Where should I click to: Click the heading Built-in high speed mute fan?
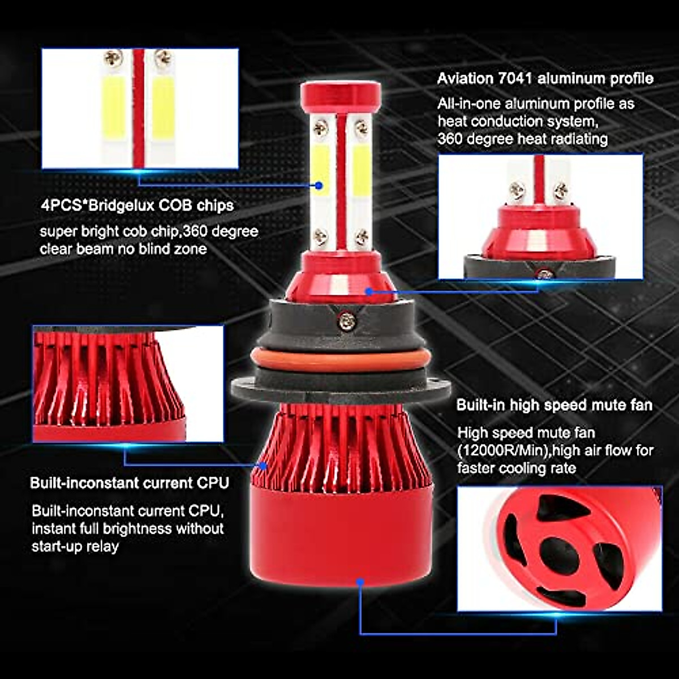tap(554, 405)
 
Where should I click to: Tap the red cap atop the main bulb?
tap(339, 96)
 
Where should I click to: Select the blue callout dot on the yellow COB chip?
tap(319, 185)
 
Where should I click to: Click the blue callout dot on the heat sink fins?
tap(263, 465)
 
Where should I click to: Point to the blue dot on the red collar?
tap(368, 292)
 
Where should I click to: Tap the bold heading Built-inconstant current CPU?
tap(130, 483)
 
